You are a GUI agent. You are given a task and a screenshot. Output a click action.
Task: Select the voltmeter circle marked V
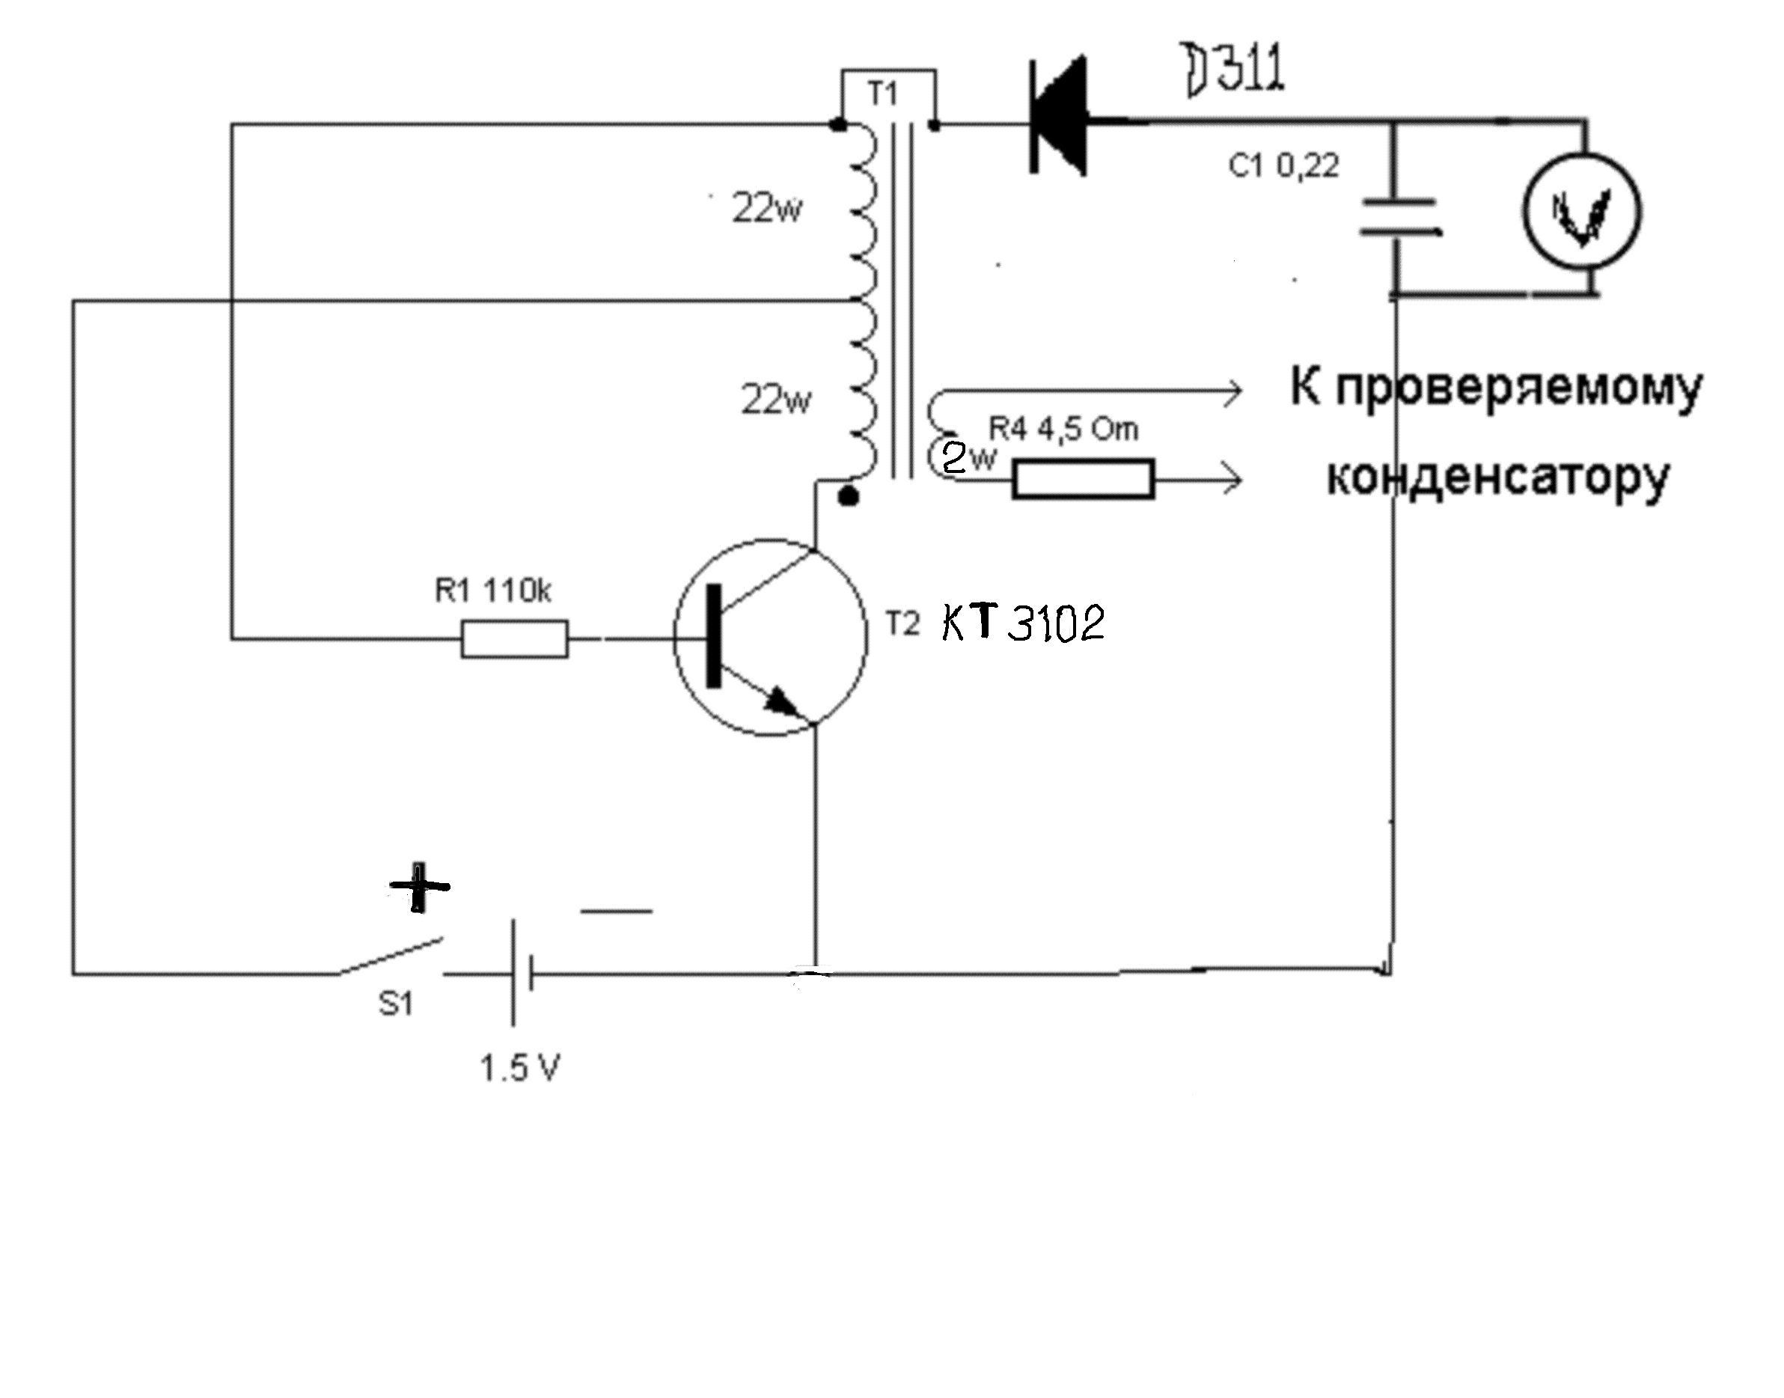(1582, 212)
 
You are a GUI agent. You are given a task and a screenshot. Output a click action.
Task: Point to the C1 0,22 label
(1283, 166)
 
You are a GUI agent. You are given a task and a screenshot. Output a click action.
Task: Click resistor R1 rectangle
(514, 638)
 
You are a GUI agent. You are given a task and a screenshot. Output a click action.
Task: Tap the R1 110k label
(493, 590)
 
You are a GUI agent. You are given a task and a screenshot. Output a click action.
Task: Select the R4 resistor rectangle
(1084, 479)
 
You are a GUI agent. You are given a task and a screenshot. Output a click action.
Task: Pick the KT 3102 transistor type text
(1023, 623)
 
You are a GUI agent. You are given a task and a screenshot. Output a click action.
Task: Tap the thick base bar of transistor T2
(715, 636)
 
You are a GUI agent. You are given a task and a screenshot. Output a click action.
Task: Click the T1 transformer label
(882, 94)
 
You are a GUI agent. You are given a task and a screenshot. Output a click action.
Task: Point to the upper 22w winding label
(767, 209)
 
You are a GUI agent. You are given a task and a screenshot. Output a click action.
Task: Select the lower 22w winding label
(776, 400)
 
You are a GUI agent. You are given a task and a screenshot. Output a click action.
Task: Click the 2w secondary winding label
(968, 457)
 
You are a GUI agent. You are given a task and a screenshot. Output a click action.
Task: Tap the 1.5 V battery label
(519, 1068)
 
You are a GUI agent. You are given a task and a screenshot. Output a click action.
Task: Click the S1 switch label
(396, 1004)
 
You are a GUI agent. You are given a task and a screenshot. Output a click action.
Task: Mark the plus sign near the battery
(419, 886)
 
